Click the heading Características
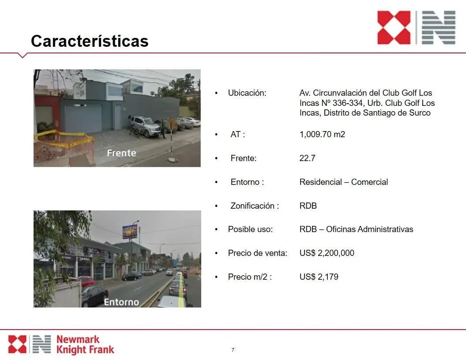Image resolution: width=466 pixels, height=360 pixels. pos(90,41)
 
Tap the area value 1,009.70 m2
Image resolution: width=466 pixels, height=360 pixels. pos(322,134)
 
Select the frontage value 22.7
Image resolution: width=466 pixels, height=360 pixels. pos(307,158)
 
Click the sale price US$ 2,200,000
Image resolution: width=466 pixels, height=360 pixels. pos(327,253)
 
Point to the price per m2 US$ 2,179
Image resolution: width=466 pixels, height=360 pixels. pos(319,277)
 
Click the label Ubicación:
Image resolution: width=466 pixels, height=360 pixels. pos(247,93)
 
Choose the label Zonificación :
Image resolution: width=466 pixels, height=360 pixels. pos(255,206)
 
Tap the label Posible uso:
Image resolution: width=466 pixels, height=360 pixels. pos(250,229)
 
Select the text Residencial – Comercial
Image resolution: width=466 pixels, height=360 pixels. pos(344,182)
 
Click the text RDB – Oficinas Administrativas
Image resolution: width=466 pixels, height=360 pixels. pos(356,229)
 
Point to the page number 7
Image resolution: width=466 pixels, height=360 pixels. pos(233,350)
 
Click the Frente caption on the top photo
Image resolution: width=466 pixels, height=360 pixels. pos(121,153)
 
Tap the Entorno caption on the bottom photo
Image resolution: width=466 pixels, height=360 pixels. pos(121,302)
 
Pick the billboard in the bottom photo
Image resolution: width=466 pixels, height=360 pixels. pos(130,231)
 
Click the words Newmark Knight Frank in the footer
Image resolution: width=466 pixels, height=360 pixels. pos(85,345)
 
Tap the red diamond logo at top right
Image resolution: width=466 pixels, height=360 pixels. pos(394,28)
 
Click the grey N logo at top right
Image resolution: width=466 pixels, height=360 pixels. pos(439,28)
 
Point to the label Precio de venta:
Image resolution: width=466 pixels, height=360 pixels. pos(258,253)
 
